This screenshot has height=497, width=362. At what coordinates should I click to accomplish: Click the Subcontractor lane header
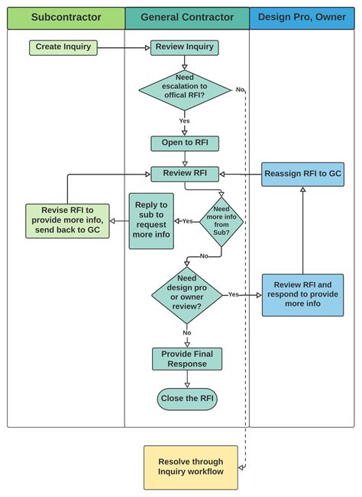[x=66, y=17]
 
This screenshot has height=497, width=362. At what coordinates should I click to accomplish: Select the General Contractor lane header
[x=186, y=17]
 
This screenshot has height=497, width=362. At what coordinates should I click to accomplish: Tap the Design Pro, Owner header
[x=302, y=17]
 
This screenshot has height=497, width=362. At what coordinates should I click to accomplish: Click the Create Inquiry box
[x=63, y=47]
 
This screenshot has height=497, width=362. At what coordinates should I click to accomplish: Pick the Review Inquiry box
[x=184, y=47]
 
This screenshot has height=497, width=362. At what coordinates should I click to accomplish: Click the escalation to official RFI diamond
[x=184, y=90]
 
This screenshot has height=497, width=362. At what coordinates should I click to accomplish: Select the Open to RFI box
[x=184, y=143]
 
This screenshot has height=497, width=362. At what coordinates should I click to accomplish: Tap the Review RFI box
[x=184, y=174]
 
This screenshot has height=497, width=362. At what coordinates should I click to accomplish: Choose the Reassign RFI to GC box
[x=302, y=174]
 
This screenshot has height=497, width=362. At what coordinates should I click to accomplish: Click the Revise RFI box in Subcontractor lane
[x=67, y=220]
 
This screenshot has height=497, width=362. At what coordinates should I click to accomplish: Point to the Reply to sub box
[x=151, y=220]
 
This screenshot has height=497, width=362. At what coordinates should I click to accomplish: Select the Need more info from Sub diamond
[x=221, y=220]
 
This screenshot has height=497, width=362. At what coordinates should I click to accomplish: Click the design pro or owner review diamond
[x=186, y=294]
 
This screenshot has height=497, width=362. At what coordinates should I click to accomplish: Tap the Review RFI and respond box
[x=302, y=294]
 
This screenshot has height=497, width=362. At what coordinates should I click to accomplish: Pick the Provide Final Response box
[x=186, y=359]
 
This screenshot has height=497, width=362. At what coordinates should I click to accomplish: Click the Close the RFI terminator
[x=187, y=399]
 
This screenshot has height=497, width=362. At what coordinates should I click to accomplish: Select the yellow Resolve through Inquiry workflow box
[x=191, y=467]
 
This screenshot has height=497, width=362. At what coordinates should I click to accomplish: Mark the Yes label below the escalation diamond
[x=184, y=121]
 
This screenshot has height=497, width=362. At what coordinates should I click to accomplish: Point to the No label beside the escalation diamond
[x=239, y=90]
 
